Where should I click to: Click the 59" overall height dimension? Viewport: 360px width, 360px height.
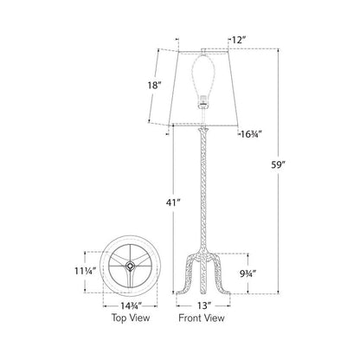click(x=278, y=165)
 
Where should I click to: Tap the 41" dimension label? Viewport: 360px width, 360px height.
click(x=173, y=202)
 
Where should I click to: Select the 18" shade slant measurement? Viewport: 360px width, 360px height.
click(x=154, y=85)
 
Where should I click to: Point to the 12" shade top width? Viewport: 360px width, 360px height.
click(x=239, y=40)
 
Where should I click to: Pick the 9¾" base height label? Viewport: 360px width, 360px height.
click(x=247, y=273)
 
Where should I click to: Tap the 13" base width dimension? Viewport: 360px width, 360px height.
click(x=203, y=305)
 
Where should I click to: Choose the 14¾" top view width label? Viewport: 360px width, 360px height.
click(x=131, y=305)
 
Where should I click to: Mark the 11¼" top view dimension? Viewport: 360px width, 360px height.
click(x=85, y=271)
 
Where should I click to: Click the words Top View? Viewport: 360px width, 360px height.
click(x=131, y=318)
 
